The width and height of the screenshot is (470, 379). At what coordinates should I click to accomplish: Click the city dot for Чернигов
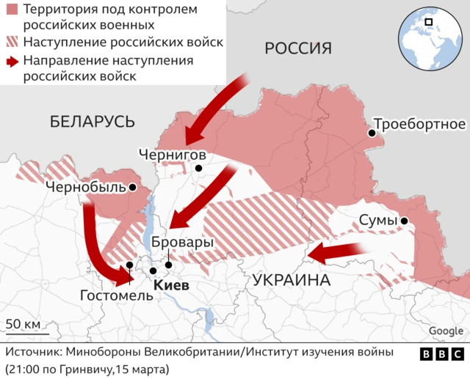click(x=198, y=168)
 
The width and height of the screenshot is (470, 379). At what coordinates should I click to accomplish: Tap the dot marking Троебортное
click(x=372, y=133)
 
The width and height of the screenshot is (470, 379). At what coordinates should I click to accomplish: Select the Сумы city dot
click(x=404, y=221)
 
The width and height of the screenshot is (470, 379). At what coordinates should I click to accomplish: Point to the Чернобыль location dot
click(x=132, y=188)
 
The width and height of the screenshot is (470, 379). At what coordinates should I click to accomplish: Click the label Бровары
click(x=182, y=242)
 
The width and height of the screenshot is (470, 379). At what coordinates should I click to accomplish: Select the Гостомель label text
click(x=117, y=296)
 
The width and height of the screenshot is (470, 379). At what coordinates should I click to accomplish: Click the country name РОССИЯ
click(x=298, y=48)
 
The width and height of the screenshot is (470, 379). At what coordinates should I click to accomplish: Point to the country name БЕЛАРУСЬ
click(x=93, y=122)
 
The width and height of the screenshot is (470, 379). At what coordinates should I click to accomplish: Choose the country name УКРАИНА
click(x=290, y=281)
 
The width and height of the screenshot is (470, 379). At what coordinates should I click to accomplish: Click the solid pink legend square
click(x=12, y=11)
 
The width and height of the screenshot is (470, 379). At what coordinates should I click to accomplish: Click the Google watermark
click(x=446, y=331)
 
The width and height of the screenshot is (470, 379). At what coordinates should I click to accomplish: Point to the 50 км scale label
click(x=23, y=323)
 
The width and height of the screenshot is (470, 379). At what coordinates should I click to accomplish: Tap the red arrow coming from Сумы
click(x=341, y=253)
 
